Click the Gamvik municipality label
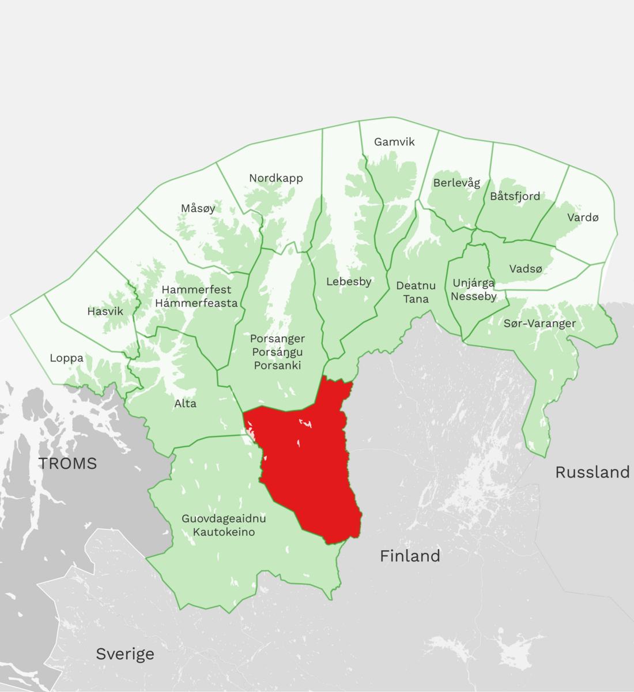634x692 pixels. point(394,142)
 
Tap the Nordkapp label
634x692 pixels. point(276,178)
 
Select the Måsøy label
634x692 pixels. point(198,208)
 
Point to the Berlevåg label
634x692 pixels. point(456,183)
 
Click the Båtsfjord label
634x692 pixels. point(515,196)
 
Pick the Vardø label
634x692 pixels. point(583,217)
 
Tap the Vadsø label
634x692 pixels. point(526,269)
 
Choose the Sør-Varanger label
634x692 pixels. point(539,324)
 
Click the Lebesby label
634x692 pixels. point(349,281)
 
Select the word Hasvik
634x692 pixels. point(105,311)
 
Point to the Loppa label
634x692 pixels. point(66,358)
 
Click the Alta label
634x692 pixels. point(185,403)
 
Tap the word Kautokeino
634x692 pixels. point(224,532)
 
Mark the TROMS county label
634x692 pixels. point(67,463)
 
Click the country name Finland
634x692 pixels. point(410,556)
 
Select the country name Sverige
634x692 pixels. point(125,654)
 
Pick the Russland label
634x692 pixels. point(592,472)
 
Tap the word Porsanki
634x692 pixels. point(277,366)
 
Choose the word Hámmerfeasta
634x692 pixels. point(196,303)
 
